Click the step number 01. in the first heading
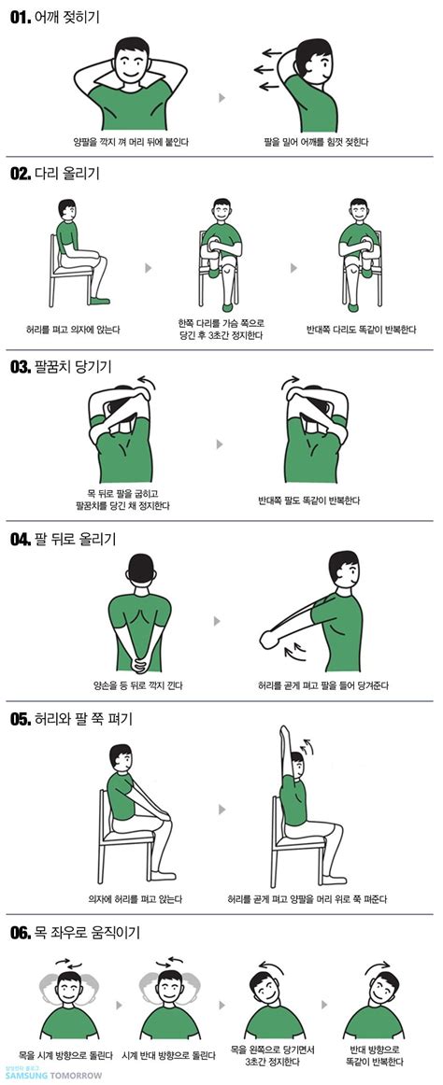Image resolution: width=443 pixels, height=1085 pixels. (21, 18)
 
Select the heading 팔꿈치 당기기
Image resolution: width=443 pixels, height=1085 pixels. (72, 365)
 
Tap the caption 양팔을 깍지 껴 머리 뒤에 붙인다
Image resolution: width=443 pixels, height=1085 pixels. (131, 142)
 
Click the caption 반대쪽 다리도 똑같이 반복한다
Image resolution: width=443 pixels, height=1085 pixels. (361, 329)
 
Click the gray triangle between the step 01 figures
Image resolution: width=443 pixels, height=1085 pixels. (221, 96)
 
